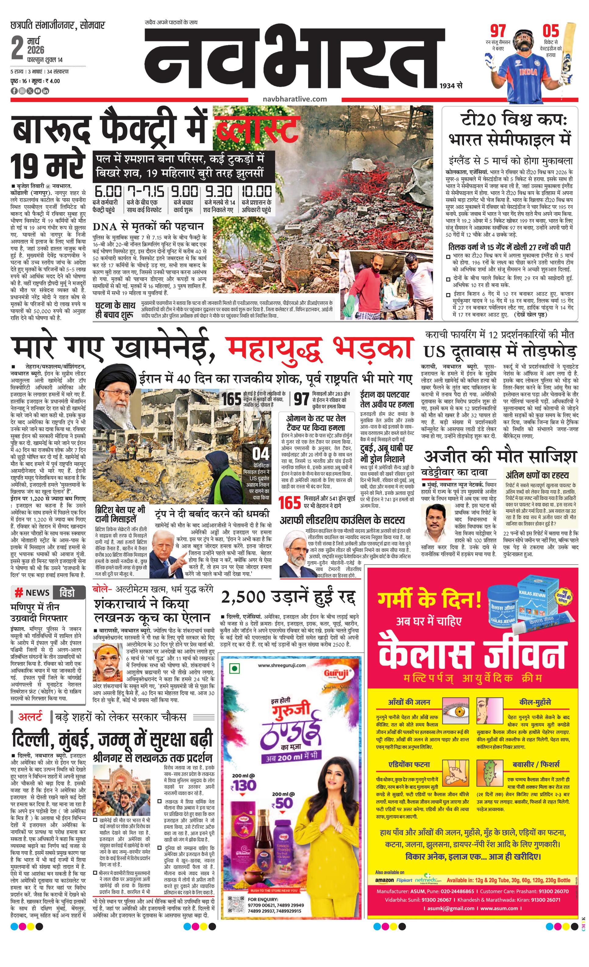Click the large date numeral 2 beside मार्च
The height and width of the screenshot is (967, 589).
coord(17,49)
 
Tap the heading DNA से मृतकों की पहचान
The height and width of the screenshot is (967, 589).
coord(148,227)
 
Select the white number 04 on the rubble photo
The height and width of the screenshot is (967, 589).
coord(261,454)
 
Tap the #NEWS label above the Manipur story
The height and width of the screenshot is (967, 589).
coord(32,593)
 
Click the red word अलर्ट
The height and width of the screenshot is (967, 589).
coord(30,717)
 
